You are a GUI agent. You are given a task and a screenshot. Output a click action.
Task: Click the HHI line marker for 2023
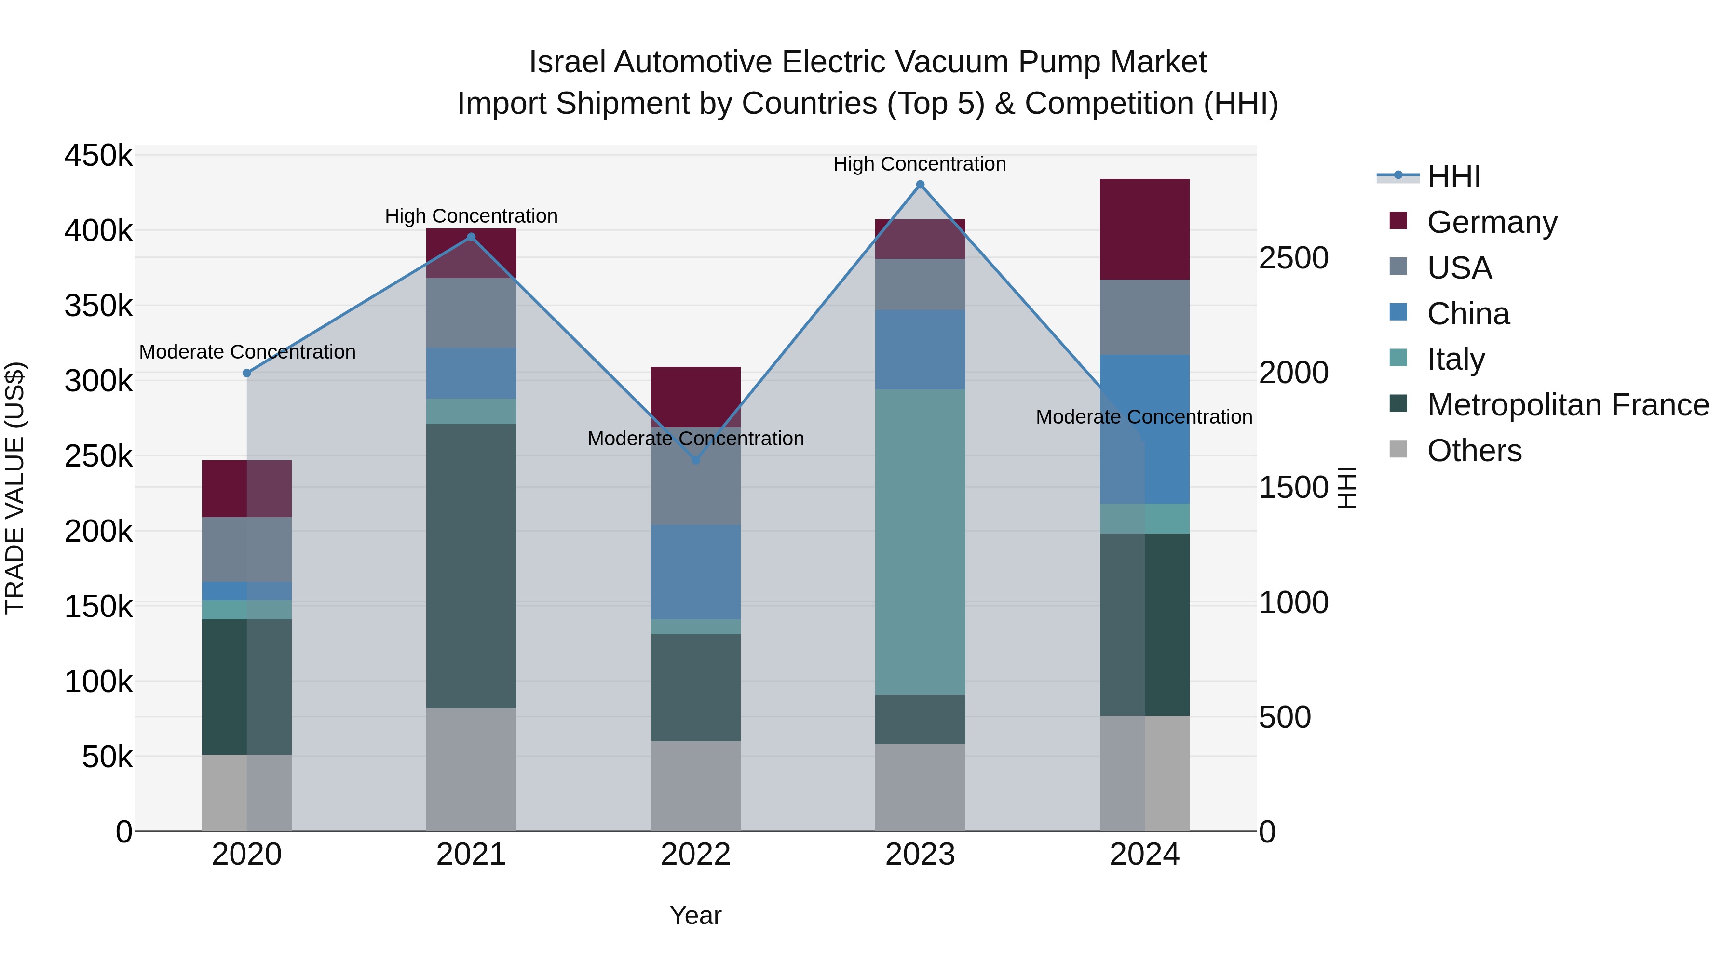click(920, 185)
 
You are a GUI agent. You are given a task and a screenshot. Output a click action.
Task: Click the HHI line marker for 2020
click(246, 373)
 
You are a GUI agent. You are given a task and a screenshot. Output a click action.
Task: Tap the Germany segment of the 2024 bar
click(1144, 229)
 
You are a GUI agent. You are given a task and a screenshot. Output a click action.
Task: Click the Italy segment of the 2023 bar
click(920, 542)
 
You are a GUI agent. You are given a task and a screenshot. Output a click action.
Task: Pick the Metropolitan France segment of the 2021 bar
click(471, 566)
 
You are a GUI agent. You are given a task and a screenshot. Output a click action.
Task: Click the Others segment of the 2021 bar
click(471, 769)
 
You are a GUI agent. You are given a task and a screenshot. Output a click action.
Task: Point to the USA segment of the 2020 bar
click(246, 549)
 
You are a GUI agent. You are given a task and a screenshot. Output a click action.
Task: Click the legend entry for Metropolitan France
click(1568, 405)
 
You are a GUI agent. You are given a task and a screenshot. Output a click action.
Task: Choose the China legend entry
click(1468, 314)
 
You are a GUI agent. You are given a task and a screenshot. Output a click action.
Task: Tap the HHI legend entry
click(1453, 176)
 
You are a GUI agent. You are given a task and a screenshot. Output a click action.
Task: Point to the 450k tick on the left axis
click(98, 156)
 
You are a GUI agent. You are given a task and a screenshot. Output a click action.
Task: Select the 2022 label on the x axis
click(695, 855)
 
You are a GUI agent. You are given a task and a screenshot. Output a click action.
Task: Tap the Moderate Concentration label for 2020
click(246, 352)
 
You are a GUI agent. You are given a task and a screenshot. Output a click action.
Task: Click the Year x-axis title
click(695, 915)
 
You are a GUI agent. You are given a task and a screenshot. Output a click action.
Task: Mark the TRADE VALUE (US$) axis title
click(15, 488)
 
